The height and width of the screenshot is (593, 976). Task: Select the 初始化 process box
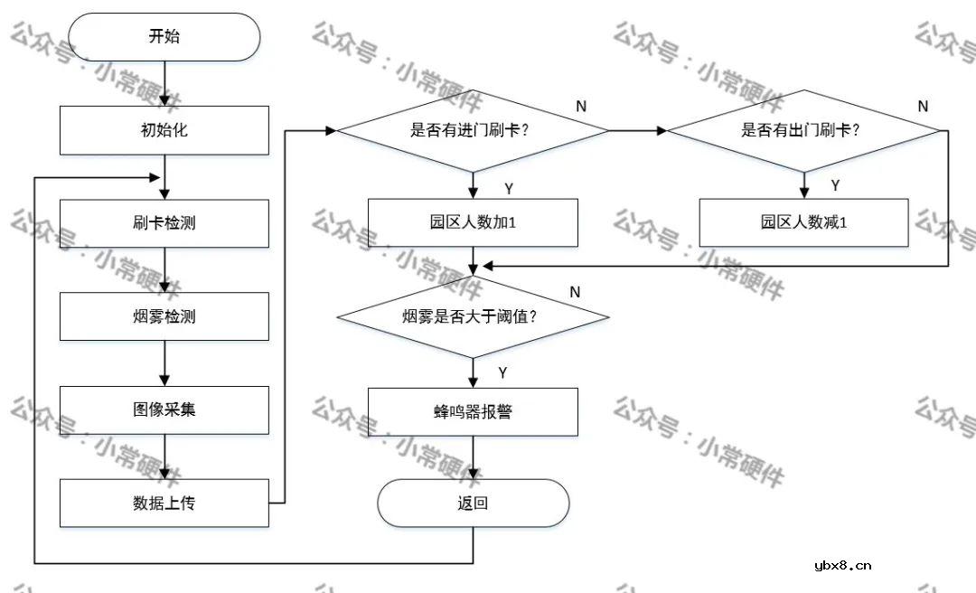pyautogui.click(x=164, y=130)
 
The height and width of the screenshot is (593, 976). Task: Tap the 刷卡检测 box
pyautogui.click(x=164, y=223)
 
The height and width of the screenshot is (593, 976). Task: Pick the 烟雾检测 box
pyautogui.click(x=164, y=316)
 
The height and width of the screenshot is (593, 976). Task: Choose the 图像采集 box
pyautogui.click(x=164, y=409)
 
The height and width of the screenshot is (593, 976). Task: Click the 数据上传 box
pyautogui.click(x=164, y=504)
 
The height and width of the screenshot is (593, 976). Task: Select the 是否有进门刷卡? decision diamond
pyautogui.click(x=472, y=130)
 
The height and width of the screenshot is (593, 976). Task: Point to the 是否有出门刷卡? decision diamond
pyautogui.click(x=803, y=130)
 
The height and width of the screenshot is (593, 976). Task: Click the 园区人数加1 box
pyautogui.click(x=473, y=222)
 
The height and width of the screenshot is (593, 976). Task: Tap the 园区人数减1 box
pyautogui.click(x=803, y=222)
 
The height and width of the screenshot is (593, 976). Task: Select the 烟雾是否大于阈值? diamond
pyautogui.click(x=472, y=317)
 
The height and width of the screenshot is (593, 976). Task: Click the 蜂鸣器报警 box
pyautogui.click(x=473, y=411)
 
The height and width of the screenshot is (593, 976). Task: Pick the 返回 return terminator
pyautogui.click(x=473, y=504)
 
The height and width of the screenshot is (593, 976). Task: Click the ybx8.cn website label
pyautogui.click(x=842, y=566)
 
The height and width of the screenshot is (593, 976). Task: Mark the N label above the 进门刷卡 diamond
pyautogui.click(x=581, y=106)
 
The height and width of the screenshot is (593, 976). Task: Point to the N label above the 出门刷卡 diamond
pyautogui.click(x=923, y=106)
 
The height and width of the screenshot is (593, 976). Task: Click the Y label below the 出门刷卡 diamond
pyautogui.click(x=835, y=185)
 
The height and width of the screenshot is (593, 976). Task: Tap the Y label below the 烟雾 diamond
pyautogui.click(x=502, y=372)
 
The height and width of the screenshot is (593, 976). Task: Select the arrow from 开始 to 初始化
pyautogui.click(x=164, y=83)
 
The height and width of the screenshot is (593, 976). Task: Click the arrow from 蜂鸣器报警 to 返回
pyautogui.click(x=473, y=457)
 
